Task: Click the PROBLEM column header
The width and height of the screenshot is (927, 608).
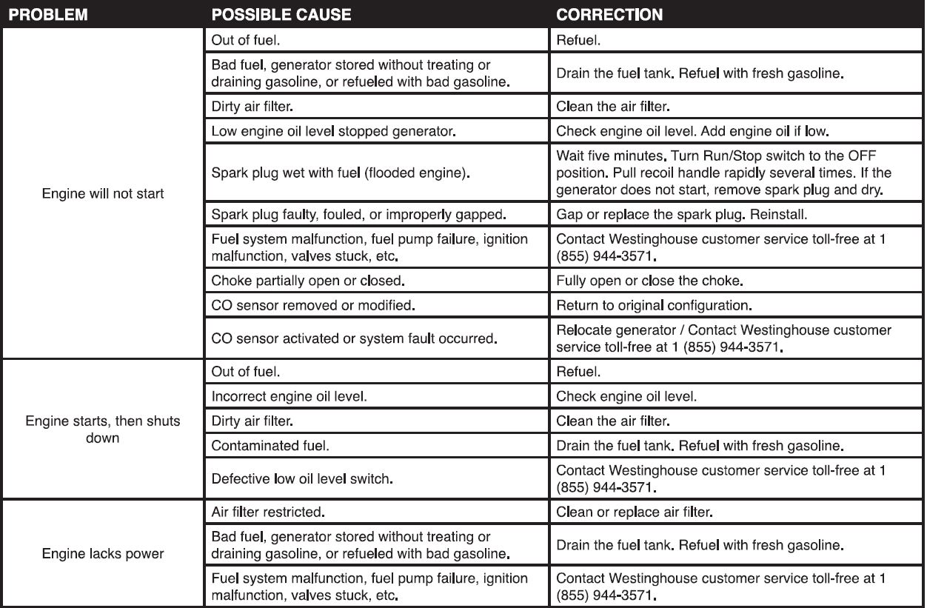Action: (x=47, y=15)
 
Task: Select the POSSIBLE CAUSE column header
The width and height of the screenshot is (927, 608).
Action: (x=281, y=15)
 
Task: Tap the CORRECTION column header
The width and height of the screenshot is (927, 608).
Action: (x=609, y=15)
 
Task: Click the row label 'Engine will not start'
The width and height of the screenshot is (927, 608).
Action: (x=104, y=194)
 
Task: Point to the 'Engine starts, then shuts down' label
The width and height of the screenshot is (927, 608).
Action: (x=103, y=430)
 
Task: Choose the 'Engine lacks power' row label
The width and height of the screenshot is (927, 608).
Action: (x=103, y=554)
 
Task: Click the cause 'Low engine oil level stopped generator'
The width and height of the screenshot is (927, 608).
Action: (x=333, y=132)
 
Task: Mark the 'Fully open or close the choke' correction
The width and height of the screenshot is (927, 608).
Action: (x=649, y=281)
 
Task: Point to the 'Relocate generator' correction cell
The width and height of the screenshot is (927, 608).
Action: (x=723, y=338)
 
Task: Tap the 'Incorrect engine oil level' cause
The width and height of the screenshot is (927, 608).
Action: (x=289, y=396)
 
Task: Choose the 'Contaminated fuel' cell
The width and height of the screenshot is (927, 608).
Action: (x=270, y=446)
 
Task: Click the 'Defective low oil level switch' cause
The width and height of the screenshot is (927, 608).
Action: (x=301, y=479)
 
